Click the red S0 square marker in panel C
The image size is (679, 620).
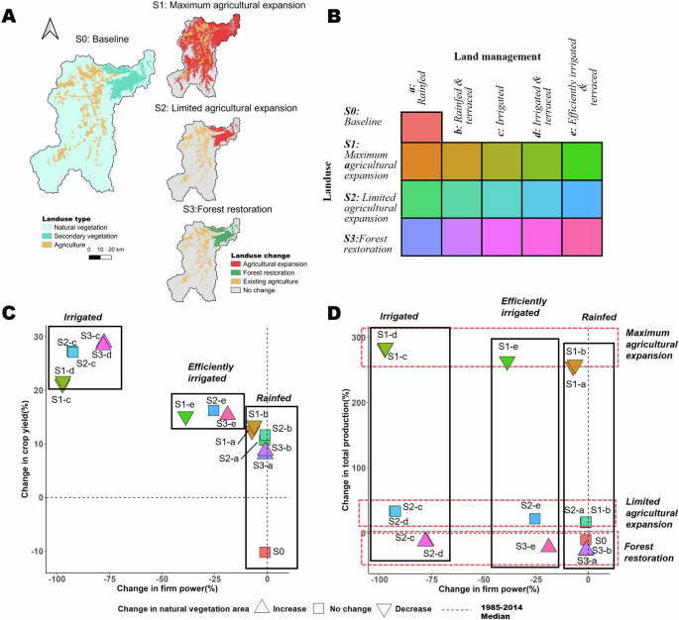265,552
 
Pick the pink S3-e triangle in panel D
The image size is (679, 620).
549,545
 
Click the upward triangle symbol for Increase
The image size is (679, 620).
263,609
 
